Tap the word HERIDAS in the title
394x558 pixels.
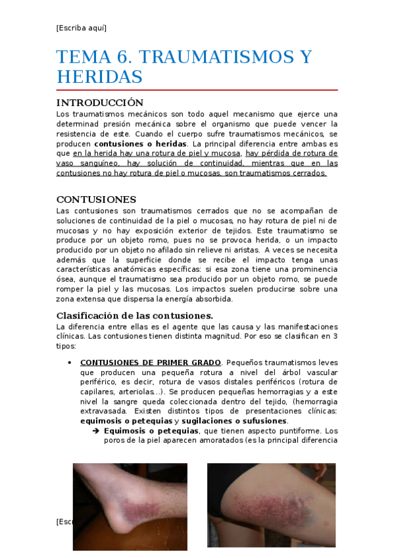coord(99,77)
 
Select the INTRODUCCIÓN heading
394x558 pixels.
coord(99,103)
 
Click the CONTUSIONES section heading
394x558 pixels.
coord(96,199)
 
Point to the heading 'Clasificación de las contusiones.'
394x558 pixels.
coord(134,315)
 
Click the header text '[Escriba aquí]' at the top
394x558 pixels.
coord(82,28)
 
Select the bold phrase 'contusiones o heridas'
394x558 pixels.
coord(140,143)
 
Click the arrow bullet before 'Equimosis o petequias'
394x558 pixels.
coord(96,432)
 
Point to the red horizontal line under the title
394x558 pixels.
coord(197,89)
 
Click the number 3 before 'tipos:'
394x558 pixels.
coord(335,336)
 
